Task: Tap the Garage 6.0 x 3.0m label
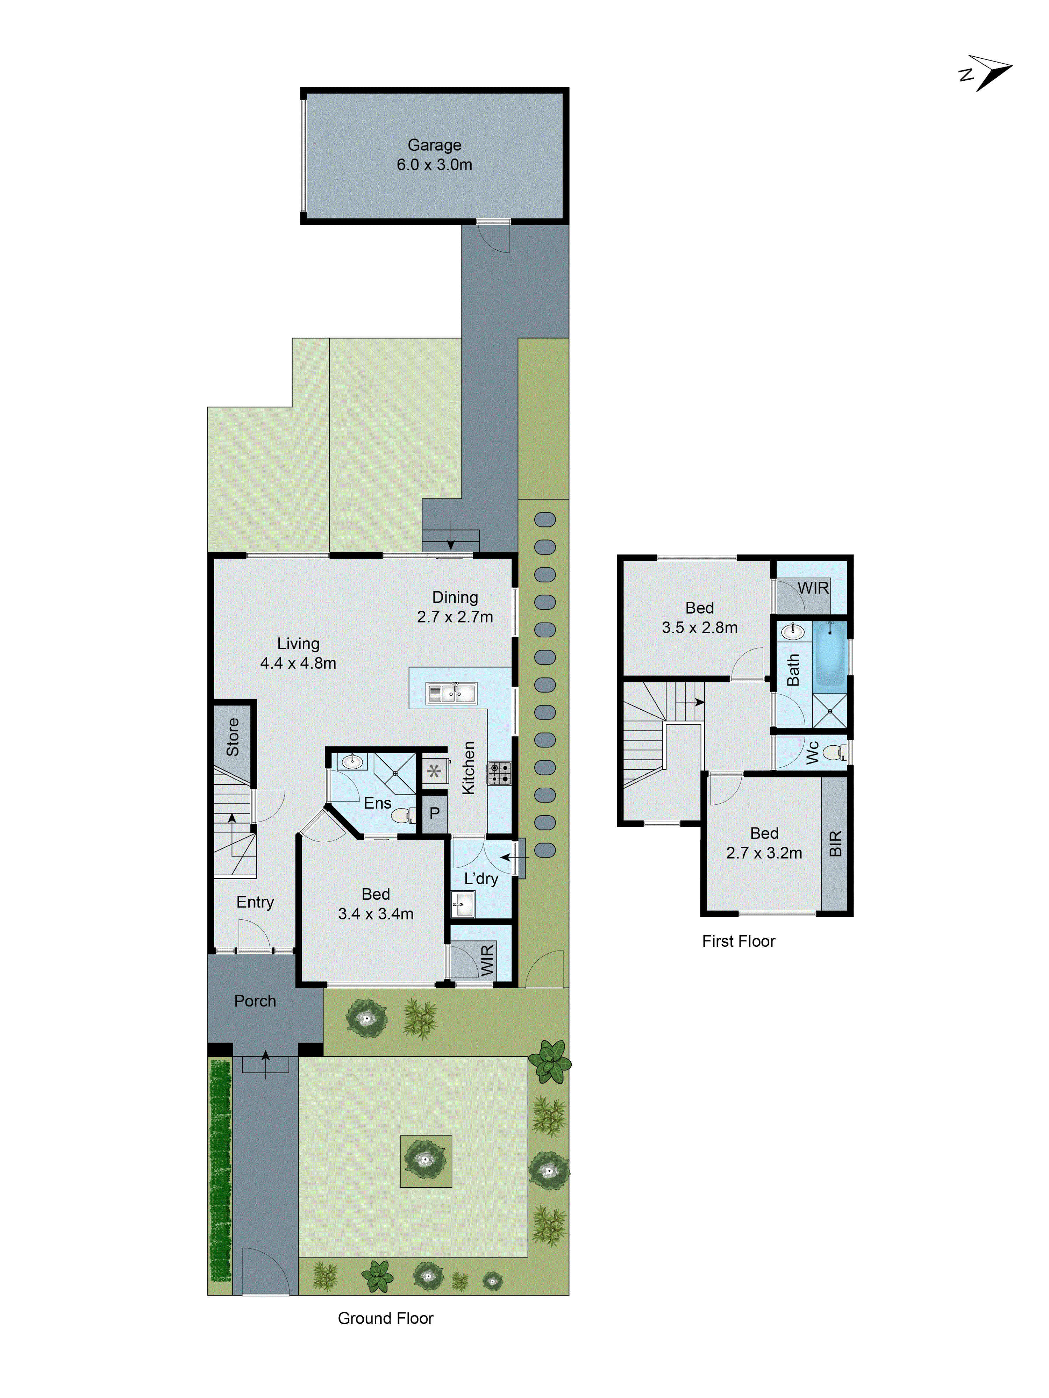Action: [x=434, y=155]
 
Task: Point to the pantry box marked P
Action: [x=434, y=813]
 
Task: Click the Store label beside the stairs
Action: [x=233, y=737]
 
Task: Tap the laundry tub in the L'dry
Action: [x=462, y=904]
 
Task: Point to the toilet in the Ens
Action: [x=401, y=816]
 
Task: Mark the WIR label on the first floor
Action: [x=813, y=588]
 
